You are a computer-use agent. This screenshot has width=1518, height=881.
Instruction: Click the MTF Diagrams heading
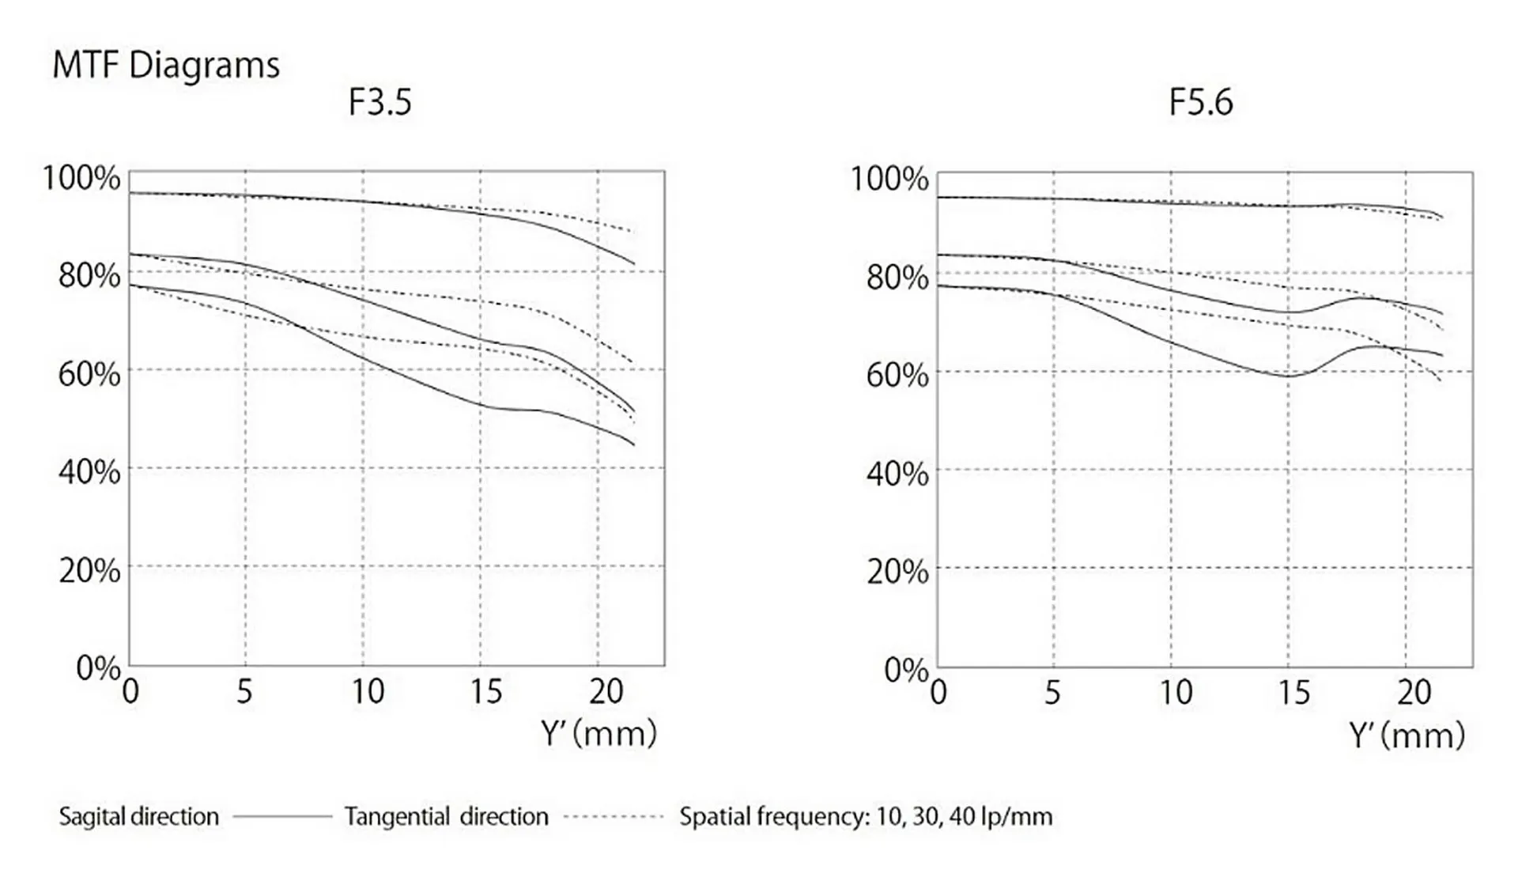166,66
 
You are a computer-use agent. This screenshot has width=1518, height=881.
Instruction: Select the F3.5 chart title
380,103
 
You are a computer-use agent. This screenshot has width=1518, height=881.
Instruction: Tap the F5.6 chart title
1200,103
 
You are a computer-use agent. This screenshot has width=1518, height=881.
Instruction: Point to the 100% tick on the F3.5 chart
81,178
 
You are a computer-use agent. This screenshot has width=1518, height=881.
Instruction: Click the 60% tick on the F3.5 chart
89,374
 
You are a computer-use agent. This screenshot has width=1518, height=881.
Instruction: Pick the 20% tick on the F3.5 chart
89,570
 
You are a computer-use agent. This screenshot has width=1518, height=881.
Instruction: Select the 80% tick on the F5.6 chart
897,278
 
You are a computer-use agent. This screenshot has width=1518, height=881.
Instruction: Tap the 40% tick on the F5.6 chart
897,474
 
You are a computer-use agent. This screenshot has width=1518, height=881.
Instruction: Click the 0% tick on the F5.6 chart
906,670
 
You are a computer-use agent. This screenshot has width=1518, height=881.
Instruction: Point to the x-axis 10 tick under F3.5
368,692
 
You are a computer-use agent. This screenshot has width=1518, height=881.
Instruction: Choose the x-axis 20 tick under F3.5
606,692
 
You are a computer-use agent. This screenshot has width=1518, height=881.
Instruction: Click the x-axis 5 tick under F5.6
1052,693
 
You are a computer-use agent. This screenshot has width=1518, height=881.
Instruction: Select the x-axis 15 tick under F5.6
1293,693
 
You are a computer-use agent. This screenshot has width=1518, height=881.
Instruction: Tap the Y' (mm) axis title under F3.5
599,734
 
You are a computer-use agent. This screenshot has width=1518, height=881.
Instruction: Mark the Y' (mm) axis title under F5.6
1407,735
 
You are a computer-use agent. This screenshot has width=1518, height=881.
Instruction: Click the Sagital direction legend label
139,816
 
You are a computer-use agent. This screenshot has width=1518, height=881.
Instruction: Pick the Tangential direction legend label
446,816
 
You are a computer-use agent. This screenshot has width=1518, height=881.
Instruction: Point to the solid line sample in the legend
282,816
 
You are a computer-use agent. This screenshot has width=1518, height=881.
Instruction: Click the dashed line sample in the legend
614,816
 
